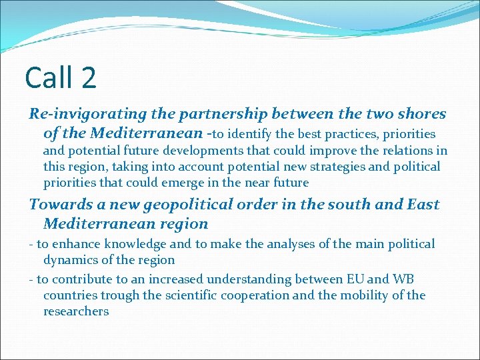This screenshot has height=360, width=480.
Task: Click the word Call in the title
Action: (49, 77)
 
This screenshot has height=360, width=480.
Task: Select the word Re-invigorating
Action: (79, 115)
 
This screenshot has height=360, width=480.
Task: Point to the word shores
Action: (419, 114)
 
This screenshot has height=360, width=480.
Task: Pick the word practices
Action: (351, 134)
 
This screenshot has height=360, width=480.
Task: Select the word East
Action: (421, 205)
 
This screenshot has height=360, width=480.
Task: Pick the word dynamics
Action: (71, 261)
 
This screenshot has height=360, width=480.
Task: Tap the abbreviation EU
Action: (365, 279)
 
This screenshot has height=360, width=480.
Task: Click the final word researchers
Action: (76, 311)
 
